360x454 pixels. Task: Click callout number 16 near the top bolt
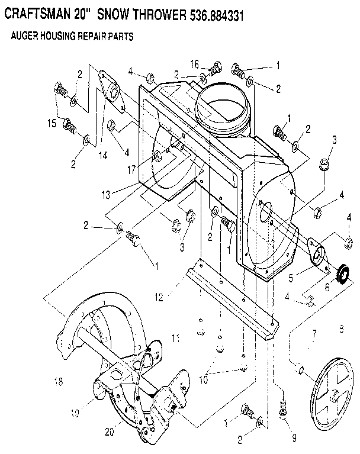(x=195, y=63)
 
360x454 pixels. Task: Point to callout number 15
(x=52, y=123)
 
